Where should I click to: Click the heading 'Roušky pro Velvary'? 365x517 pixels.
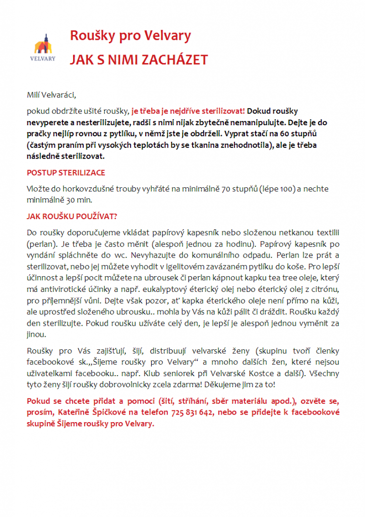click(x=130, y=36)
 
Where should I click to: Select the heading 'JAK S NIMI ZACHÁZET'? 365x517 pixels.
click(x=138, y=60)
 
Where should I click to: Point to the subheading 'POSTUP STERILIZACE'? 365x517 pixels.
click(x=66, y=173)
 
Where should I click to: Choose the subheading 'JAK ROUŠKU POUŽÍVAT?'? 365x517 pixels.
click(x=72, y=217)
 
